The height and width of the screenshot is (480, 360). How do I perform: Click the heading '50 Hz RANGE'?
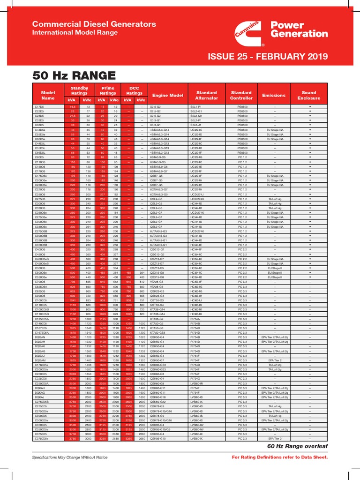(74, 75)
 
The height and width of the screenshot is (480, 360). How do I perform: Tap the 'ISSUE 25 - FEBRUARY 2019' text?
(268, 57)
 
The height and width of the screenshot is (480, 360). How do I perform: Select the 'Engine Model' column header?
(167, 96)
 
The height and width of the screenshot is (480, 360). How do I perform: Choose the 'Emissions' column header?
(274, 96)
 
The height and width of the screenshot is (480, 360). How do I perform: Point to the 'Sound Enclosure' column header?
(309, 96)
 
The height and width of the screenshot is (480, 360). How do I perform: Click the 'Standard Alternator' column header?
(207, 96)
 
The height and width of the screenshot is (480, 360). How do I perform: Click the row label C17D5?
(39, 107)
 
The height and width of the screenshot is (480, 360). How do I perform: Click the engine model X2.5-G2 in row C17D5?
(155, 107)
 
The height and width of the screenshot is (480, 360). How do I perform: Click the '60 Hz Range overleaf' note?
(297, 446)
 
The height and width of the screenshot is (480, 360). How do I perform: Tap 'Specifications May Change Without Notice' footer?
(69, 457)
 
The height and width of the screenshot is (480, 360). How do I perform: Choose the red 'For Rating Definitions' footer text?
(280, 457)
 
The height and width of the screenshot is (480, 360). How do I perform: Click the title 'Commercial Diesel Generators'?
(94, 24)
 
